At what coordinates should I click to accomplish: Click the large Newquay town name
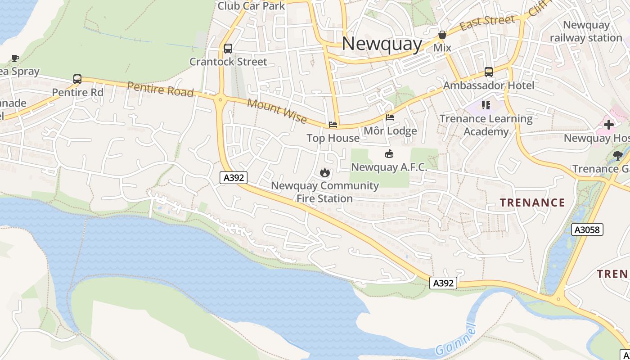(382, 44)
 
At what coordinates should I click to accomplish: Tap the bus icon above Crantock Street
(228, 49)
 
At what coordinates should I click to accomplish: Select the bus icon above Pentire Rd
(77, 79)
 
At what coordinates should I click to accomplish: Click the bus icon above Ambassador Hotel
(489, 72)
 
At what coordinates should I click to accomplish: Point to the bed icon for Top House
(333, 125)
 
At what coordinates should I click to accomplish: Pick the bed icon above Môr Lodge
(390, 117)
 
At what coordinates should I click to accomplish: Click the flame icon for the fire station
(324, 172)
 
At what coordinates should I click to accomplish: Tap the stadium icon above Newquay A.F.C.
(389, 154)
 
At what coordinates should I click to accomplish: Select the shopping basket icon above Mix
(442, 35)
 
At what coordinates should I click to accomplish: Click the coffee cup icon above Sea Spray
(15, 58)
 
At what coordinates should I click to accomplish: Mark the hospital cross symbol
(609, 125)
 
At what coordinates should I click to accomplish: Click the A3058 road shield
(587, 230)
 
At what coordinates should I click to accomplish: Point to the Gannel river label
(455, 340)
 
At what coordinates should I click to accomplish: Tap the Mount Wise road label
(277, 111)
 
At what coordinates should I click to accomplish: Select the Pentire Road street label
(160, 89)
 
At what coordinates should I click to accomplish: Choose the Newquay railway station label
(586, 31)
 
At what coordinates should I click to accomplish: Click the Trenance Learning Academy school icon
(486, 105)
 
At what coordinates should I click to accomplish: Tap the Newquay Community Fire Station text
(324, 192)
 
